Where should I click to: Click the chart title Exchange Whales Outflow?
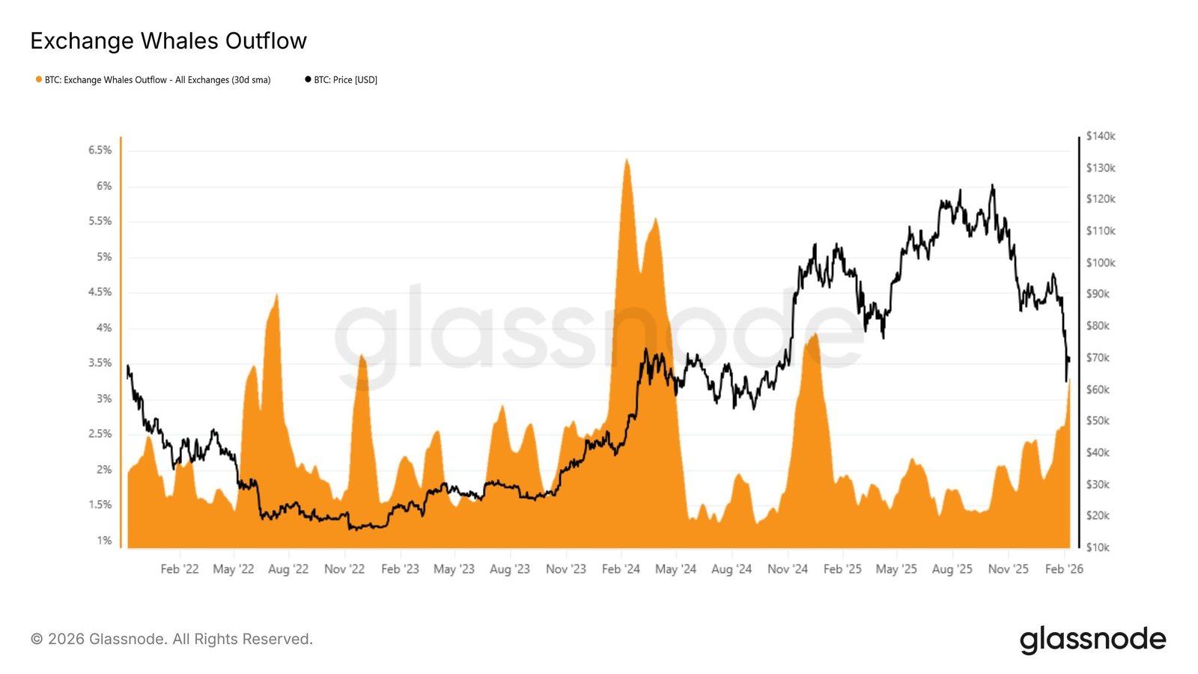click(x=168, y=41)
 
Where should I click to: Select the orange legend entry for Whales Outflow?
click(x=153, y=80)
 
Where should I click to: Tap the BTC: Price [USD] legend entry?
click(x=341, y=80)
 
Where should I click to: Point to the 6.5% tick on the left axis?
click(x=100, y=151)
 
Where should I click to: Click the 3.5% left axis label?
click(x=100, y=363)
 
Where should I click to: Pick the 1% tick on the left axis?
click(x=104, y=541)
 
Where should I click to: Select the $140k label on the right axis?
click(x=1100, y=136)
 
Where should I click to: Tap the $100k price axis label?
click(x=1100, y=263)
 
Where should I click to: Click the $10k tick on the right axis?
click(x=1098, y=547)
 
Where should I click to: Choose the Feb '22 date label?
click(x=180, y=569)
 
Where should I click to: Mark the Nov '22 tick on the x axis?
click(x=344, y=569)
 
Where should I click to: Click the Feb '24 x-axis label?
click(x=621, y=569)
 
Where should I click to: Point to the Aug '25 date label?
click(x=952, y=569)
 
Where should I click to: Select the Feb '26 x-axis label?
click(x=1064, y=569)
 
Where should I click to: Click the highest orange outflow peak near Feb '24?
click(x=627, y=160)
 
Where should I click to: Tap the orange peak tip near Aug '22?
click(x=277, y=294)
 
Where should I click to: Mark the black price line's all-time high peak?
click(x=992, y=185)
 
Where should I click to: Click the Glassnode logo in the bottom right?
click(x=1092, y=640)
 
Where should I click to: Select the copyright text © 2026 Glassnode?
click(x=171, y=640)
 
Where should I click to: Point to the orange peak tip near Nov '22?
click(x=362, y=355)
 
